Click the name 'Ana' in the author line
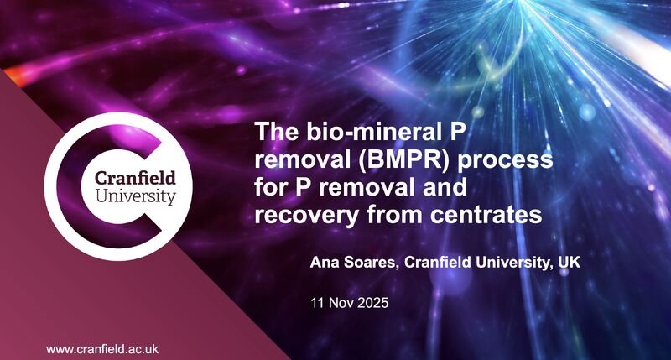325,264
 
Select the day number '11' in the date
318,300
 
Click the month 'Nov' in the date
344,300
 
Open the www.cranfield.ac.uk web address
102,348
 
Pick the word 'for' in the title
272,187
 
